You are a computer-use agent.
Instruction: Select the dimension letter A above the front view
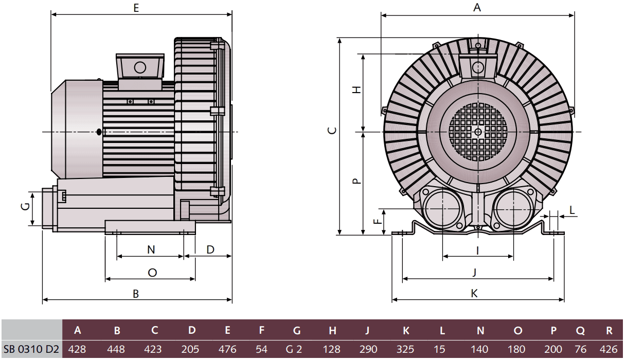pos(477,7)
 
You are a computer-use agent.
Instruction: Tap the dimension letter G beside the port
pos(24,207)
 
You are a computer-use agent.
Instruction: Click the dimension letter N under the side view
pos(151,249)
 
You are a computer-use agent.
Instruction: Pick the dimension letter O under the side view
pos(152,273)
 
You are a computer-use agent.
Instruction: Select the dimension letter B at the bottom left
pos(136,294)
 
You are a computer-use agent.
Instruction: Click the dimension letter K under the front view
pos(474,293)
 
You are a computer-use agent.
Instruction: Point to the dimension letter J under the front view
pos(474,272)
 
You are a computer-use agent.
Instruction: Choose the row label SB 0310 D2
pos(31,350)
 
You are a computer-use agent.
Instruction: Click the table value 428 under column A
pos(77,350)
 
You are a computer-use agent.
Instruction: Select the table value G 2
pos(294,350)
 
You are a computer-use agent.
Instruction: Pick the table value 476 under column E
pos(227,350)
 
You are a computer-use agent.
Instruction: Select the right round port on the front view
pos(513,208)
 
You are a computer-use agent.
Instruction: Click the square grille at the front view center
pos(478,132)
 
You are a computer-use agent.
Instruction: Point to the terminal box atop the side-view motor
pos(140,67)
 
